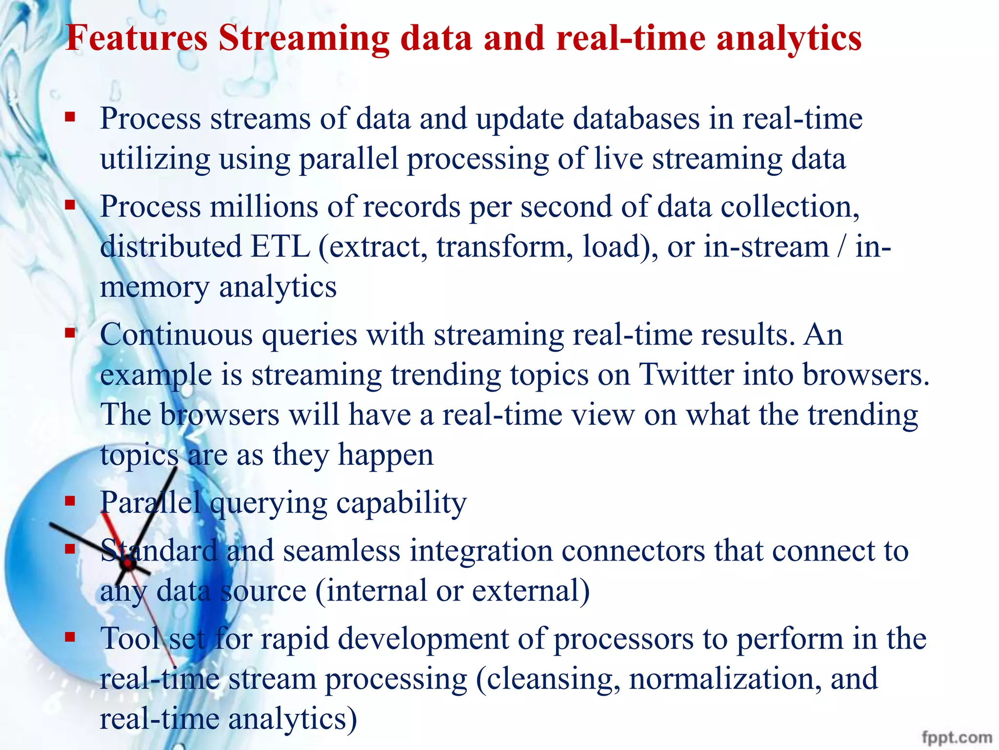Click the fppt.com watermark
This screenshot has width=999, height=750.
(x=957, y=737)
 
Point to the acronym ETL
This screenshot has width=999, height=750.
(x=280, y=246)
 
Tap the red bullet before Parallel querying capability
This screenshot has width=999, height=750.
(x=70, y=500)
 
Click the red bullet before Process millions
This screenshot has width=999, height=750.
(x=70, y=205)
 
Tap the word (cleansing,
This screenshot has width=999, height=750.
(x=548, y=680)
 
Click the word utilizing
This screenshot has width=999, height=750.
(x=155, y=160)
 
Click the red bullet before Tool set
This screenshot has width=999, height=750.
(x=70, y=637)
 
